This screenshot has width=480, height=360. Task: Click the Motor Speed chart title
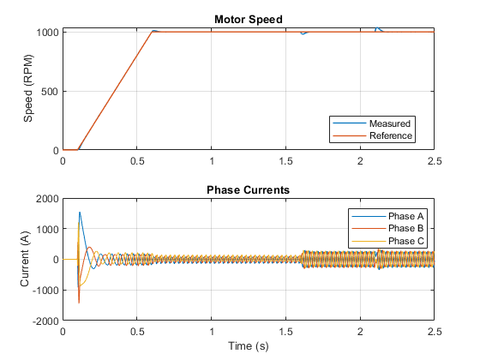249,19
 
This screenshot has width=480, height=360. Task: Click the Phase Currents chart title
248,189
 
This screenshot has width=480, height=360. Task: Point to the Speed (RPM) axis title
27,88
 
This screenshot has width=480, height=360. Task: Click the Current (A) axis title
25,259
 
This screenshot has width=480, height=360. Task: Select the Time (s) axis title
249,346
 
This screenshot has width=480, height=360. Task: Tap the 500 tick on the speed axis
50,92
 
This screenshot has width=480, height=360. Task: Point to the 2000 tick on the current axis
47,199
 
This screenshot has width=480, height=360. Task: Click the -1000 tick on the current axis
45,291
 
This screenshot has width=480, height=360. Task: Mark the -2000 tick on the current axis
45,321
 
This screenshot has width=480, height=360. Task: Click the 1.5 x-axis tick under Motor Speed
286,161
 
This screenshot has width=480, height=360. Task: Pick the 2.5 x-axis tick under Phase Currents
435,332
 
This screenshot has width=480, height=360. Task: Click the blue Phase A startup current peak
80,213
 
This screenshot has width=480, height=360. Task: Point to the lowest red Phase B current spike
79,303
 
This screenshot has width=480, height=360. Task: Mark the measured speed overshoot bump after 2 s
377,28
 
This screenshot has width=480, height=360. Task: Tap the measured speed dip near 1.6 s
303,33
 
